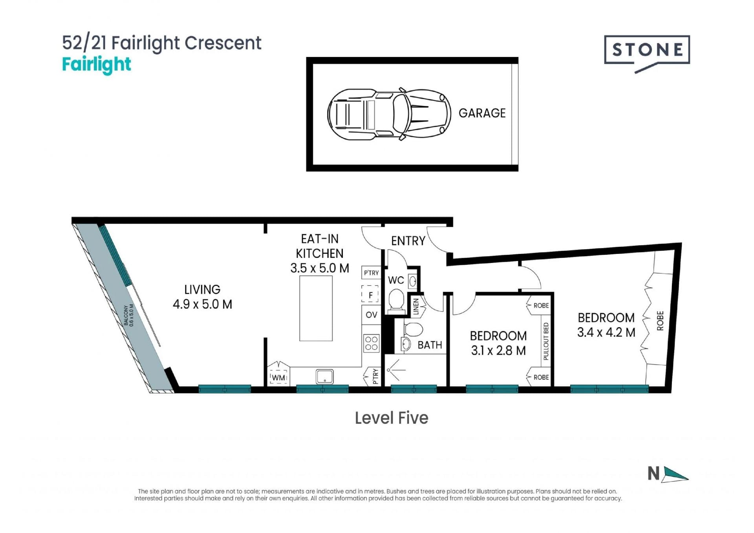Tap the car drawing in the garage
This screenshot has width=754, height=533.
pyautogui.click(x=389, y=114)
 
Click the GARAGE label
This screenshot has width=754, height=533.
pyautogui.click(x=482, y=113)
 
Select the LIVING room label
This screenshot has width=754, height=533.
pyautogui.click(x=202, y=290)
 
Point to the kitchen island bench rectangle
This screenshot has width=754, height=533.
pyautogui.click(x=316, y=308)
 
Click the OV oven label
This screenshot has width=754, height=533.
pyautogui.click(x=371, y=315)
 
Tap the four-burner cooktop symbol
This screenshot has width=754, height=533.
pyautogui.click(x=371, y=343)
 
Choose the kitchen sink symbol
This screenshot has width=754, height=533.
pyautogui.click(x=325, y=377)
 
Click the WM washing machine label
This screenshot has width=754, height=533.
pyautogui.click(x=278, y=378)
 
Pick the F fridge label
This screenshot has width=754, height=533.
pyautogui.click(x=370, y=295)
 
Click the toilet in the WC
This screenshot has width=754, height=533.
pyautogui.click(x=396, y=301)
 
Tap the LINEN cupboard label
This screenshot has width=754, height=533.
pyautogui.click(x=416, y=307)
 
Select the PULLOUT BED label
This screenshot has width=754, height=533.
pyautogui.click(x=545, y=341)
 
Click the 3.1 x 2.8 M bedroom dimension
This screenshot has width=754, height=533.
pyautogui.click(x=498, y=351)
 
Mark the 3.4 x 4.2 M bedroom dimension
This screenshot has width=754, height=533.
pyautogui.click(x=606, y=333)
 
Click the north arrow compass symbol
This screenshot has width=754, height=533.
pyautogui.click(x=668, y=474)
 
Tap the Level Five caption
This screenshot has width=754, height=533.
pyautogui.click(x=392, y=418)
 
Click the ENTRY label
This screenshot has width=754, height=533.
pyautogui.click(x=408, y=241)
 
